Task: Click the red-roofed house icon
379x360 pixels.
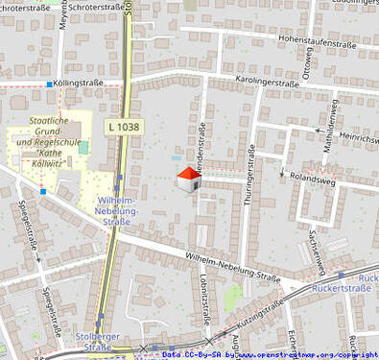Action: tap(188, 180)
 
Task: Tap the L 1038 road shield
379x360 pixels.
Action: tap(123, 127)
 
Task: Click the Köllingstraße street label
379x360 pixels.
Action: tap(80, 84)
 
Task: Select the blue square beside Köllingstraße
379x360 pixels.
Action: tap(50, 84)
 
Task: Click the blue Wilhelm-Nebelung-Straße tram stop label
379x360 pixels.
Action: tap(120, 211)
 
